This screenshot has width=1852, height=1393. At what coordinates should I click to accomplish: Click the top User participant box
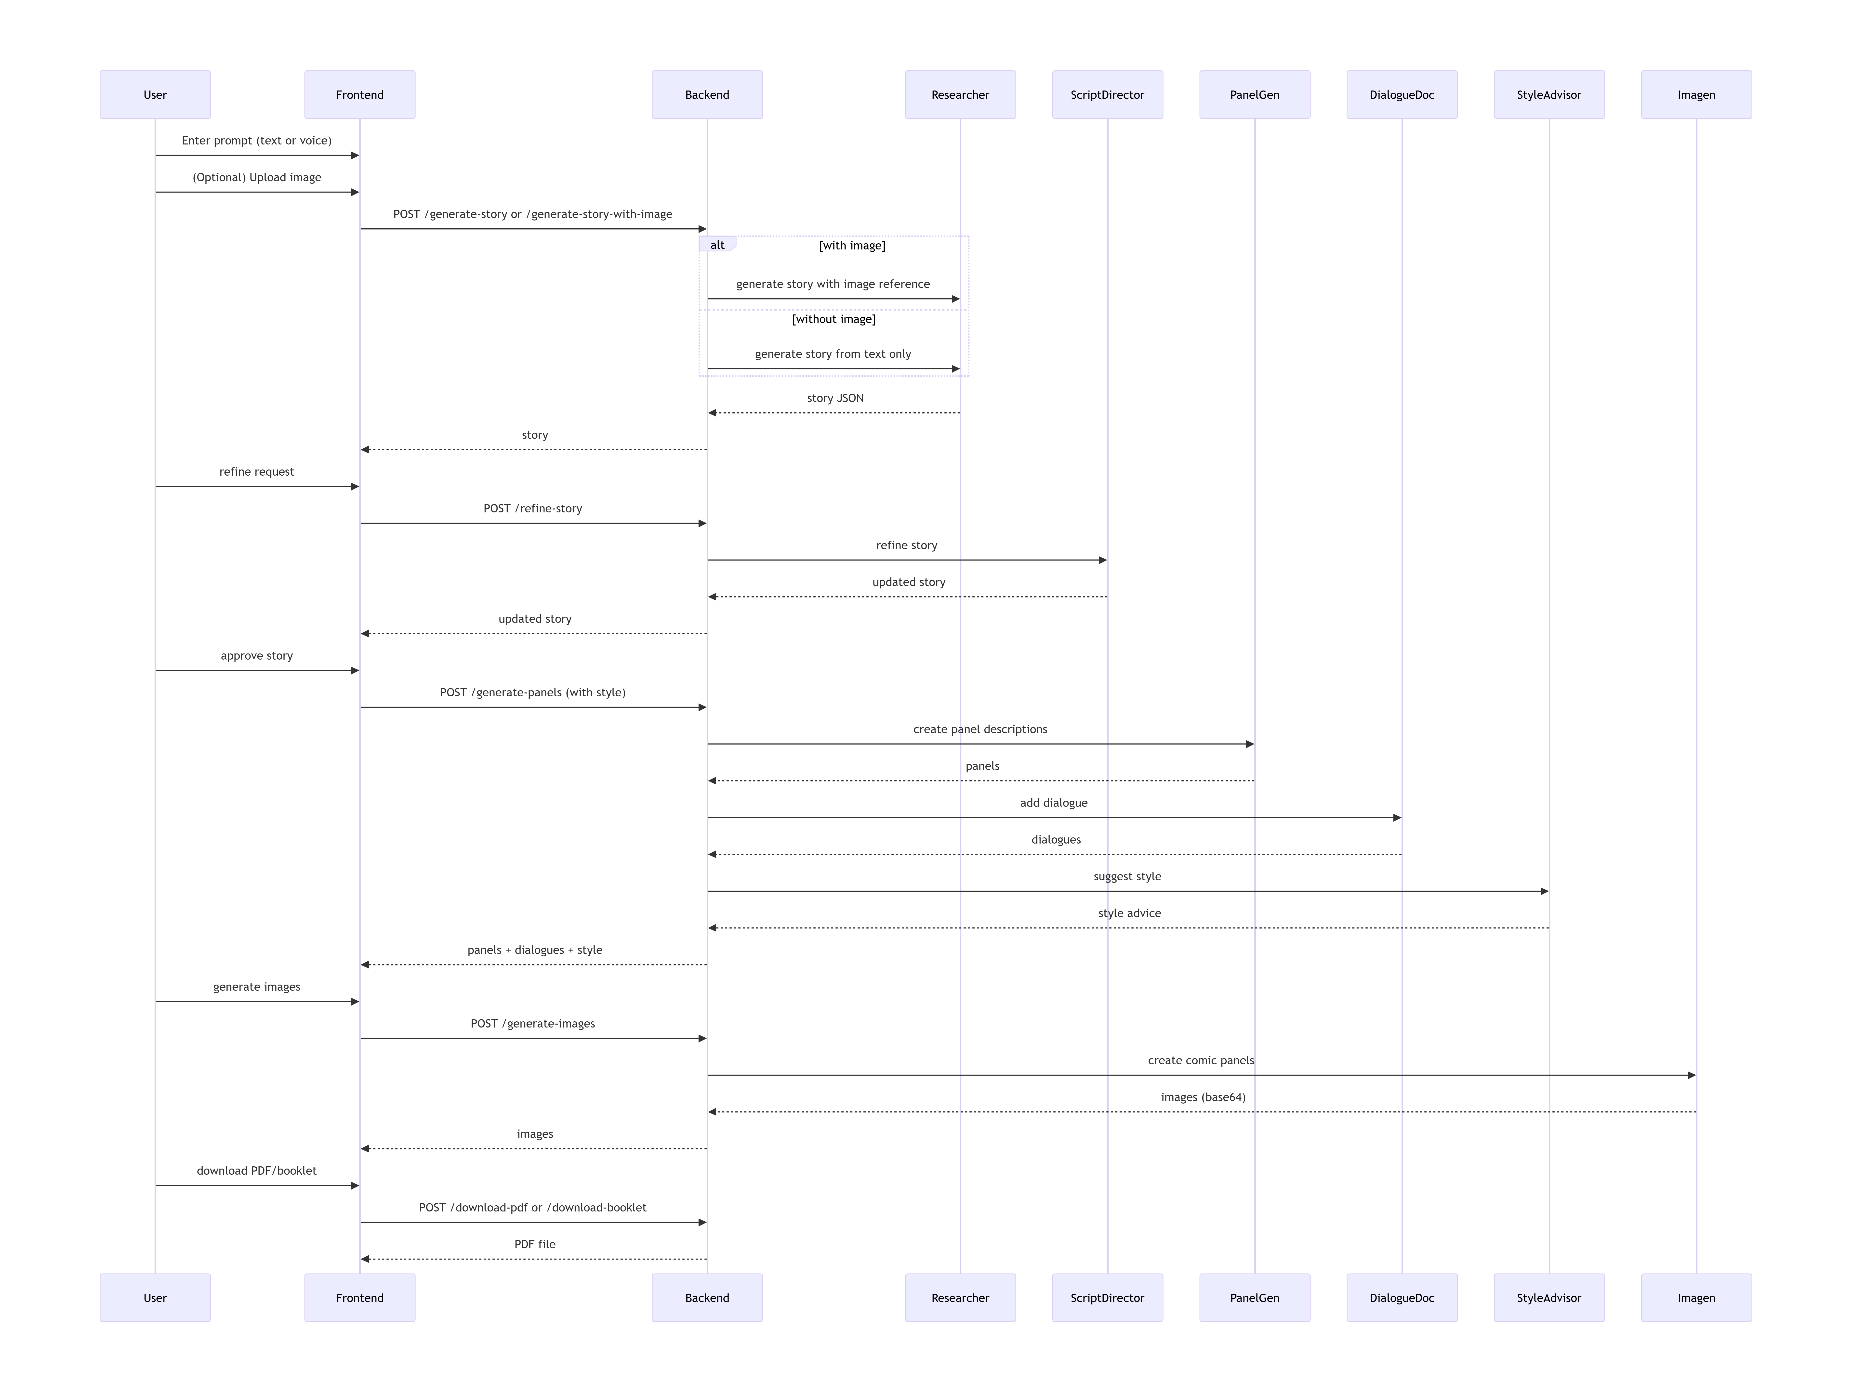[x=155, y=95]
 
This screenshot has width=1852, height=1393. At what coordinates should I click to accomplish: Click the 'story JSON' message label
[x=835, y=398]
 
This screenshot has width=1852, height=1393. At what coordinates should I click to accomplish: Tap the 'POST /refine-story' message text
[x=532, y=508]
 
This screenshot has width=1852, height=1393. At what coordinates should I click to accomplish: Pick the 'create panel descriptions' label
[x=979, y=729]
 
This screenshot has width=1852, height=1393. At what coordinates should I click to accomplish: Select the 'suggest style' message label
[x=1127, y=876]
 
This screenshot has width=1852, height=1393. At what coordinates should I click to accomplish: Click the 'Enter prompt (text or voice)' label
[x=256, y=141]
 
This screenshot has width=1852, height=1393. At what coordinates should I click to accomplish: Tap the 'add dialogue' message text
[x=1053, y=803]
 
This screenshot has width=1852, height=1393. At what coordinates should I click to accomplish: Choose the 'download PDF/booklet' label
[x=256, y=1170]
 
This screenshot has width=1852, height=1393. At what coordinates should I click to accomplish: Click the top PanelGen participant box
[x=1254, y=95]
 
